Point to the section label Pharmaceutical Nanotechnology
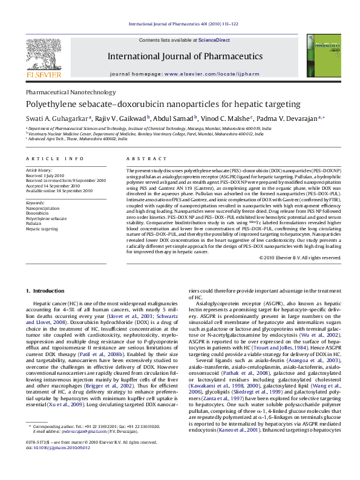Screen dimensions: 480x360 (70, 92)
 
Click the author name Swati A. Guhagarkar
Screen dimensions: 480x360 (57, 118)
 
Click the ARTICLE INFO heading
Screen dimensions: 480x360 (54, 158)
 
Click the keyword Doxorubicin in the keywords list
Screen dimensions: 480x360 (38, 213)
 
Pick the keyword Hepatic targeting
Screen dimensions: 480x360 (42, 230)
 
